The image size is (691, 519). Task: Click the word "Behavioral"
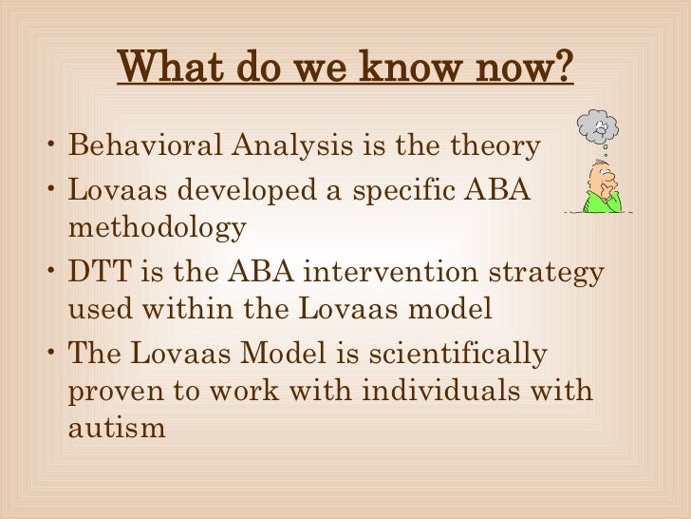click(x=145, y=147)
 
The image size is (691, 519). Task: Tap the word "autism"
click(x=117, y=428)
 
